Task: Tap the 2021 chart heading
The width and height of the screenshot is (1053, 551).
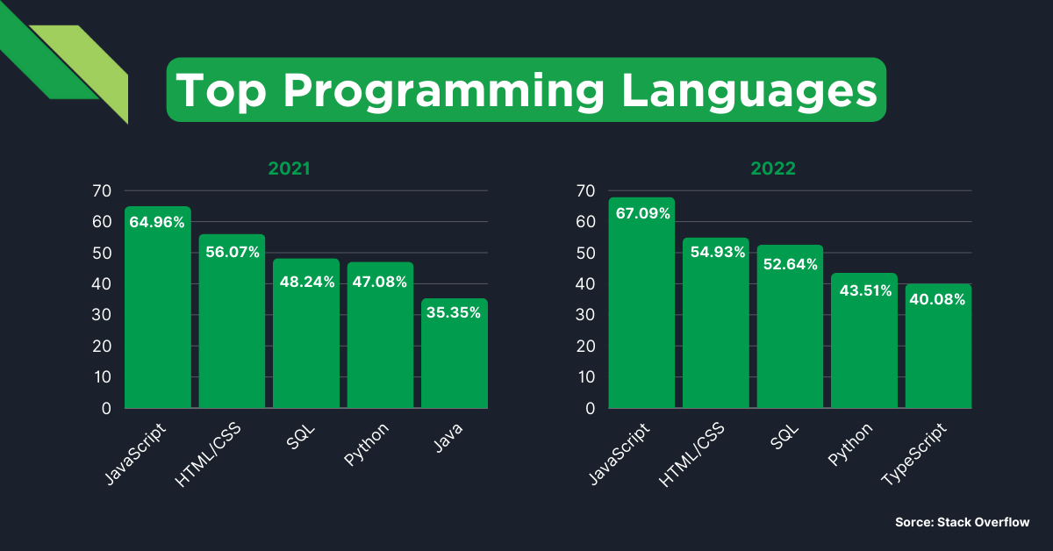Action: click(x=289, y=168)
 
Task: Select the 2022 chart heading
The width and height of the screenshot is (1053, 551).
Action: click(x=773, y=168)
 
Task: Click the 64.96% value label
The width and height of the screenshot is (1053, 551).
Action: click(x=157, y=222)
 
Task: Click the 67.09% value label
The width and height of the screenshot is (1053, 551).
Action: click(x=642, y=213)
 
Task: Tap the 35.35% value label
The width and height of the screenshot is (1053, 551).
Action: click(x=454, y=312)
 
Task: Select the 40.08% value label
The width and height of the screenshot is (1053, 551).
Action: click(x=938, y=299)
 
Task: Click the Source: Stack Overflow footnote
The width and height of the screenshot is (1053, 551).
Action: click(x=962, y=522)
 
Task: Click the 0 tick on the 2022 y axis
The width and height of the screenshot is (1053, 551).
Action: click(x=591, y=408)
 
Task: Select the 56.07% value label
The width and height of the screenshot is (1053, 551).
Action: click(x=232, y=252)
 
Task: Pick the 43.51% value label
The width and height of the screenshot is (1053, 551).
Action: click(x=864, y=291)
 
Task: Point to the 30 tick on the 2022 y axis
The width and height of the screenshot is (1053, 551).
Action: click(x=586, y=315)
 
